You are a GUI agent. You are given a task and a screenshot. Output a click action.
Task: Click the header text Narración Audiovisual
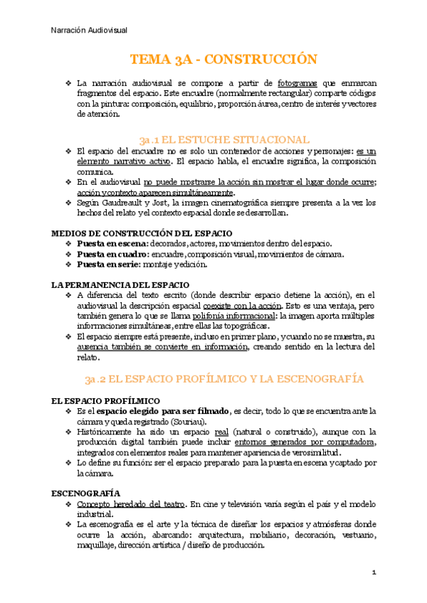pyautogui.click(x=90, y=30)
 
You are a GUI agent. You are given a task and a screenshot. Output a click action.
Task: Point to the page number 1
pyautogui.click(x=374, y=572)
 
